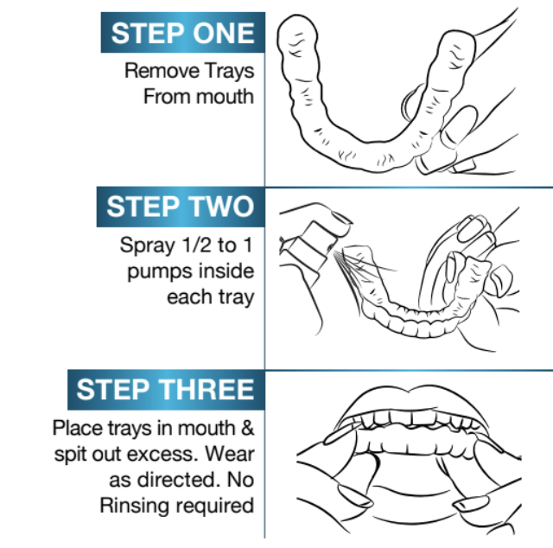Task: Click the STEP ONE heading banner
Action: (182, 33)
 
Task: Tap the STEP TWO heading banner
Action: (181, 207)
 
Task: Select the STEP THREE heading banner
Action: (166, 390)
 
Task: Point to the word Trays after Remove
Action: (229, 72)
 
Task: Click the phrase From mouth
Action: (199, 96)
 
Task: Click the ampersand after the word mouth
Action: (248, 428)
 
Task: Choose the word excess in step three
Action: (162, 454)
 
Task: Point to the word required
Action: (215, 507)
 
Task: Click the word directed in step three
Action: (180, 480)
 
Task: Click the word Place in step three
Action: (77, 428)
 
